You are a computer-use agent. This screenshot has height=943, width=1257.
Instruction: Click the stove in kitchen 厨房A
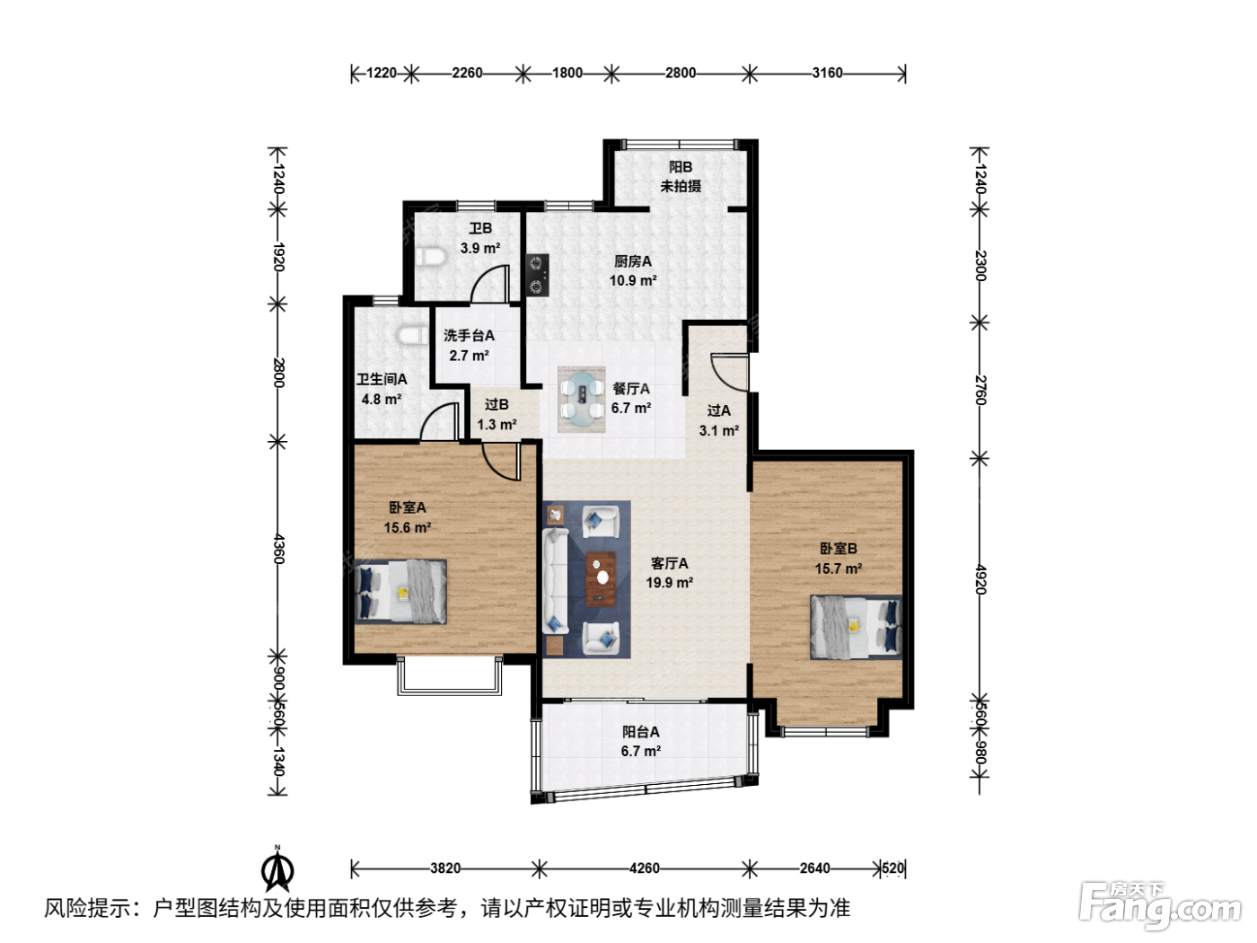(x=537, y=275)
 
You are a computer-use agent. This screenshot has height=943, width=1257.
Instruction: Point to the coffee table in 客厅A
(x=601, y=578)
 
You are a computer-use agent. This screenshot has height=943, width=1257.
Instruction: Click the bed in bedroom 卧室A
(x=400, y=591)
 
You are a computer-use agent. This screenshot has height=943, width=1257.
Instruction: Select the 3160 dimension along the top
(x=827, y=74)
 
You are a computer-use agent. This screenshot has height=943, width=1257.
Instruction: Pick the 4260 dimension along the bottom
(x=645, y=868)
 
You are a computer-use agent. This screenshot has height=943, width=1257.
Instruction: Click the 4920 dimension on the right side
(x=980, y=579)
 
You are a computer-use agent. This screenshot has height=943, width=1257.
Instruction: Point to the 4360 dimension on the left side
(x=279, y=549)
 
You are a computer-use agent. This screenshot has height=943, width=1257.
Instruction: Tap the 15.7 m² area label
(x=839, y=568)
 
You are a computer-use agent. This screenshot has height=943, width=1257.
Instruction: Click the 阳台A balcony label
(x=641, y=732)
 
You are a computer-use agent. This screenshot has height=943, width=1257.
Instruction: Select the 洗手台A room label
(x=469, y=336)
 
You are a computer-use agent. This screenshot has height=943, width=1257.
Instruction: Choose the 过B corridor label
(x=497, y=405)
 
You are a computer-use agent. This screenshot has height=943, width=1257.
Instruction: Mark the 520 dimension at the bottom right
(x=892, y=868)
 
